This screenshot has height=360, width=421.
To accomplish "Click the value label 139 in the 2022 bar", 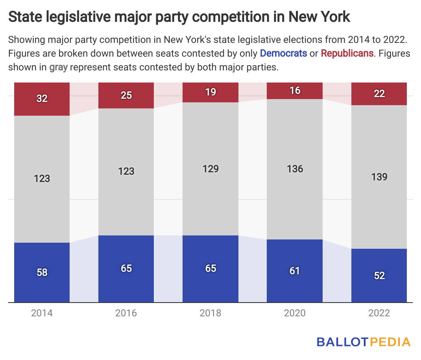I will [379, 177].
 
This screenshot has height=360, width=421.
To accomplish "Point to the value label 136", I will [295, 168].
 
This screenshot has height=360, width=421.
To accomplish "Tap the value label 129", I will [210, 168].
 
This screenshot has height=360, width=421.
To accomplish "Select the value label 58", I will [42, 272].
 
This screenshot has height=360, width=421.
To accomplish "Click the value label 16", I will [295, 90].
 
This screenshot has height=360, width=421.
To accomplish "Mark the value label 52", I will [379, 275].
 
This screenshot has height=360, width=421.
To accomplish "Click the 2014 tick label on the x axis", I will [42, 313].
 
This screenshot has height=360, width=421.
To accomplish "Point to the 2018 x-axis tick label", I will [210, 313].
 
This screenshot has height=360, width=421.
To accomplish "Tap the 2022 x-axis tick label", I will [379, 313].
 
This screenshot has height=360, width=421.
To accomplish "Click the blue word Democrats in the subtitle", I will [283, 53].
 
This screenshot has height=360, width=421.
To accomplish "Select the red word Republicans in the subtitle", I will [347, 53].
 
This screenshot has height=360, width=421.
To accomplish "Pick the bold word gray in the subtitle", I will [58, 67].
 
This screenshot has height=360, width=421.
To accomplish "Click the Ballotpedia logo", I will [364, 342].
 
